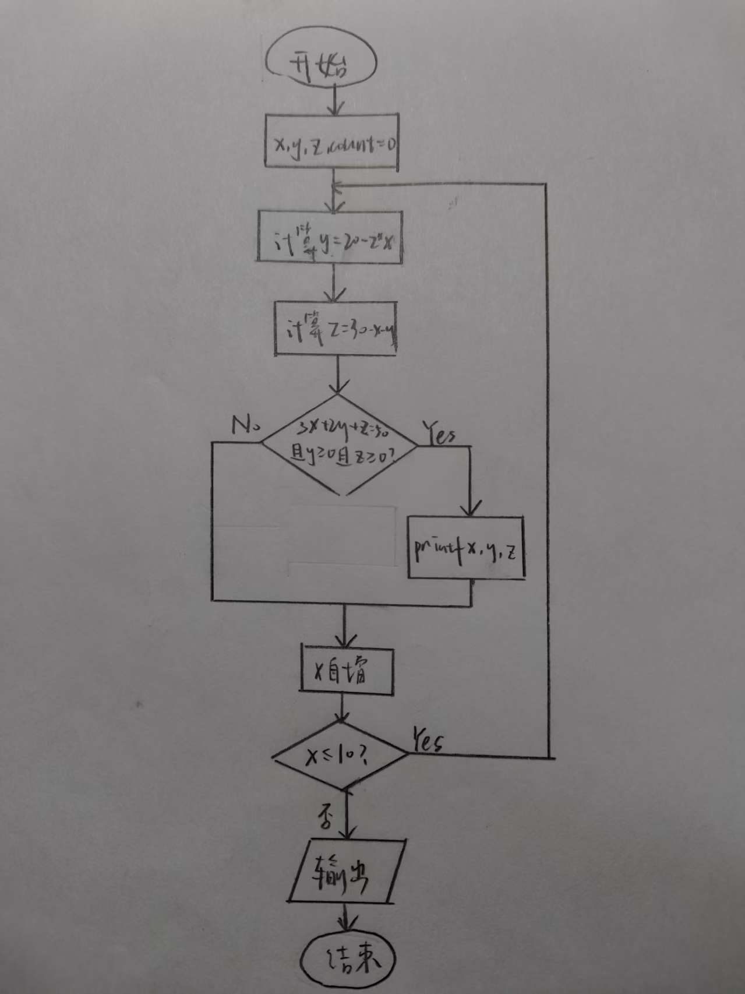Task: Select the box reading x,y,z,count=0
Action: [x=332, y=143]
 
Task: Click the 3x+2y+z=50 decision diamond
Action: [x=340, y=445]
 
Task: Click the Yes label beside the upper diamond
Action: [x=440, y=434]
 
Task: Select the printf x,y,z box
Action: [x=466, y=548]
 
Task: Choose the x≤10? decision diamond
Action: [x=341, y=756]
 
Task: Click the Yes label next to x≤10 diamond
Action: [x=429, y=741]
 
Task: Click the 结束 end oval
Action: [x=348, y=958]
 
